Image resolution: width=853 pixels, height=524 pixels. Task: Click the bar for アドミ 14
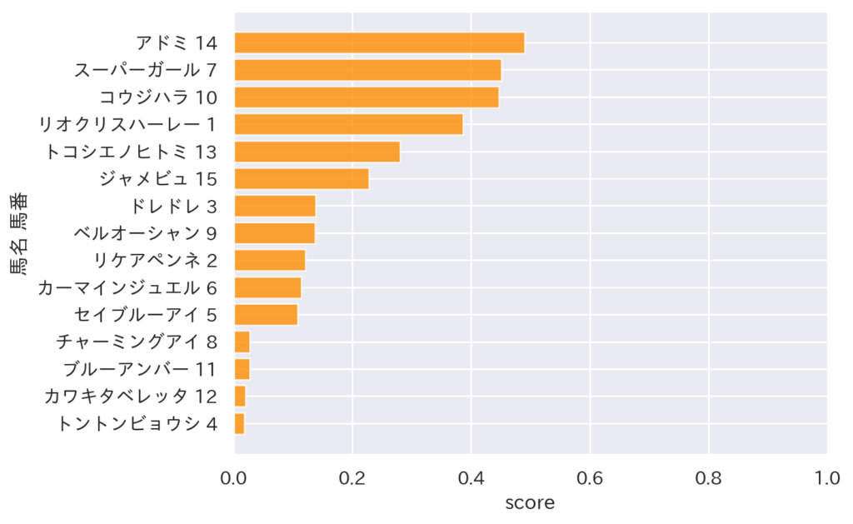click(379, 42)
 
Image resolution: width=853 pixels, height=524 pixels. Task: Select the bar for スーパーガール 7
click(367, 70)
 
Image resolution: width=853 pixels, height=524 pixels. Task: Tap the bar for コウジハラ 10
click(367, 97)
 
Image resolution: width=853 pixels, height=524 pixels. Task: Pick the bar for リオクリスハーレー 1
click(348, 124)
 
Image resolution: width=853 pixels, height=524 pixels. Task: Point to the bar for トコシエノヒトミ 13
click(317, 152)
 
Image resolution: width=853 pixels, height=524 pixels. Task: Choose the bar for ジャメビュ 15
click(302, 179)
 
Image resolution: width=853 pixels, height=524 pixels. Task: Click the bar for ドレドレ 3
click(275, 206)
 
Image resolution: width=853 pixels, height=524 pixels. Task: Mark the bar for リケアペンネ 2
click(270, 260)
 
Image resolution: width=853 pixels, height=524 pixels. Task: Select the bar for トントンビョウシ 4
click(240, 423)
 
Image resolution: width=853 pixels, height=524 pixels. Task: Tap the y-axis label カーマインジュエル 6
click(127, 287)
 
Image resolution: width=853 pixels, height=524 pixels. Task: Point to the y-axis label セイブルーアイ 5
click(146, 315)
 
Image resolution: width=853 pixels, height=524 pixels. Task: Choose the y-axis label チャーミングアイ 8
click(137, 342)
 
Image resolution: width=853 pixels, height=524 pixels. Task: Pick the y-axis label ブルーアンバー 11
click(140, 369)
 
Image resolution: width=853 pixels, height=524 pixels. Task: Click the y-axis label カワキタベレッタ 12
click(131, 397)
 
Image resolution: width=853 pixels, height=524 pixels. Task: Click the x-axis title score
click(530, 503)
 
